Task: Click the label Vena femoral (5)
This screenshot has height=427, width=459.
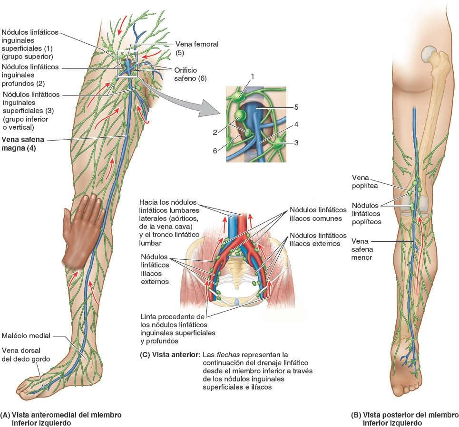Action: point(197,48)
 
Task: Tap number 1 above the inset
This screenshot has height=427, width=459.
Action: point(253,76)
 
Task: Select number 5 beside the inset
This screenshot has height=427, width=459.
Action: point(296,107)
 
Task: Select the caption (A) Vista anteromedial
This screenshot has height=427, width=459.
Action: point(61,418)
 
